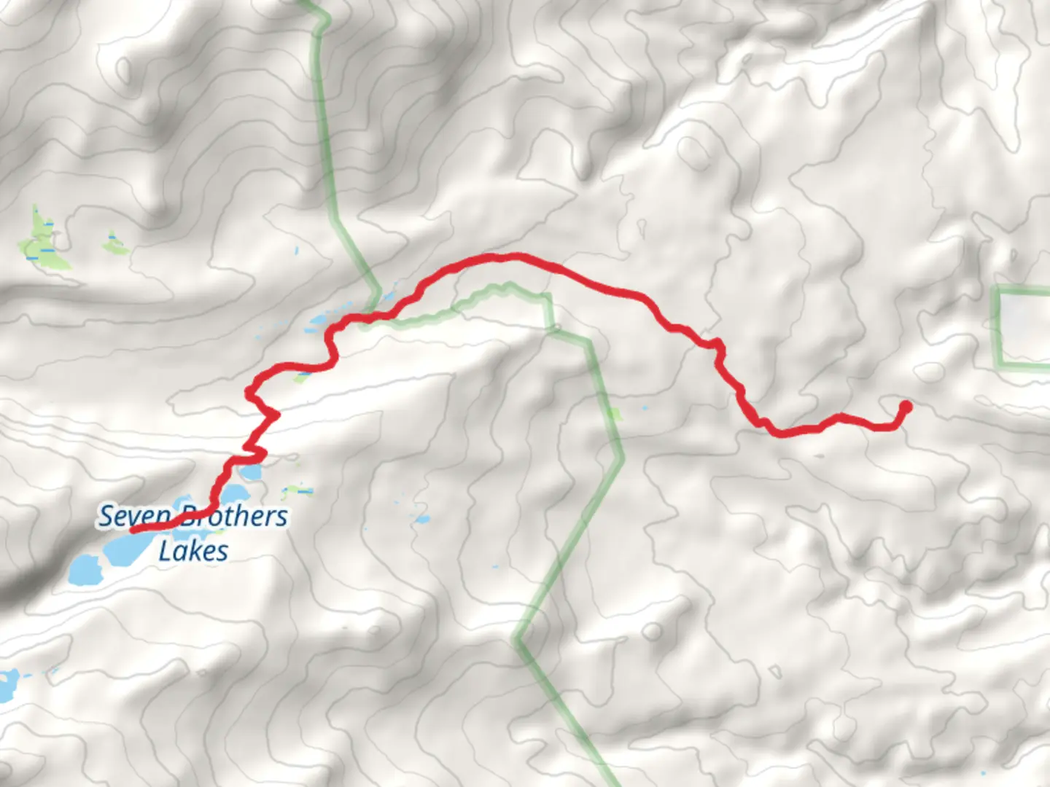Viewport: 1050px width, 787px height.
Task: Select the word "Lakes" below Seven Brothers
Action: coord(193,551)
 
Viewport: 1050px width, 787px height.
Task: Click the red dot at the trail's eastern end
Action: coord(905,407)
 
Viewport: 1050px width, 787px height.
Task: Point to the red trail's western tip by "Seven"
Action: coord(133,530)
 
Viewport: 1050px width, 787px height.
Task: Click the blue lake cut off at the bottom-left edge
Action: coord(7,685)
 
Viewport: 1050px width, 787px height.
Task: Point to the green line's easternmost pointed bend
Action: coord(621,458)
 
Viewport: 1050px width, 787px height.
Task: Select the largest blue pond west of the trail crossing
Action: coord(319,321)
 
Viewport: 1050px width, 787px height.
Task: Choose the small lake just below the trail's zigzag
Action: coord(252,472)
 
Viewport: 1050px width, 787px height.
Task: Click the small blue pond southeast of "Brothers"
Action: coord(421,520)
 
